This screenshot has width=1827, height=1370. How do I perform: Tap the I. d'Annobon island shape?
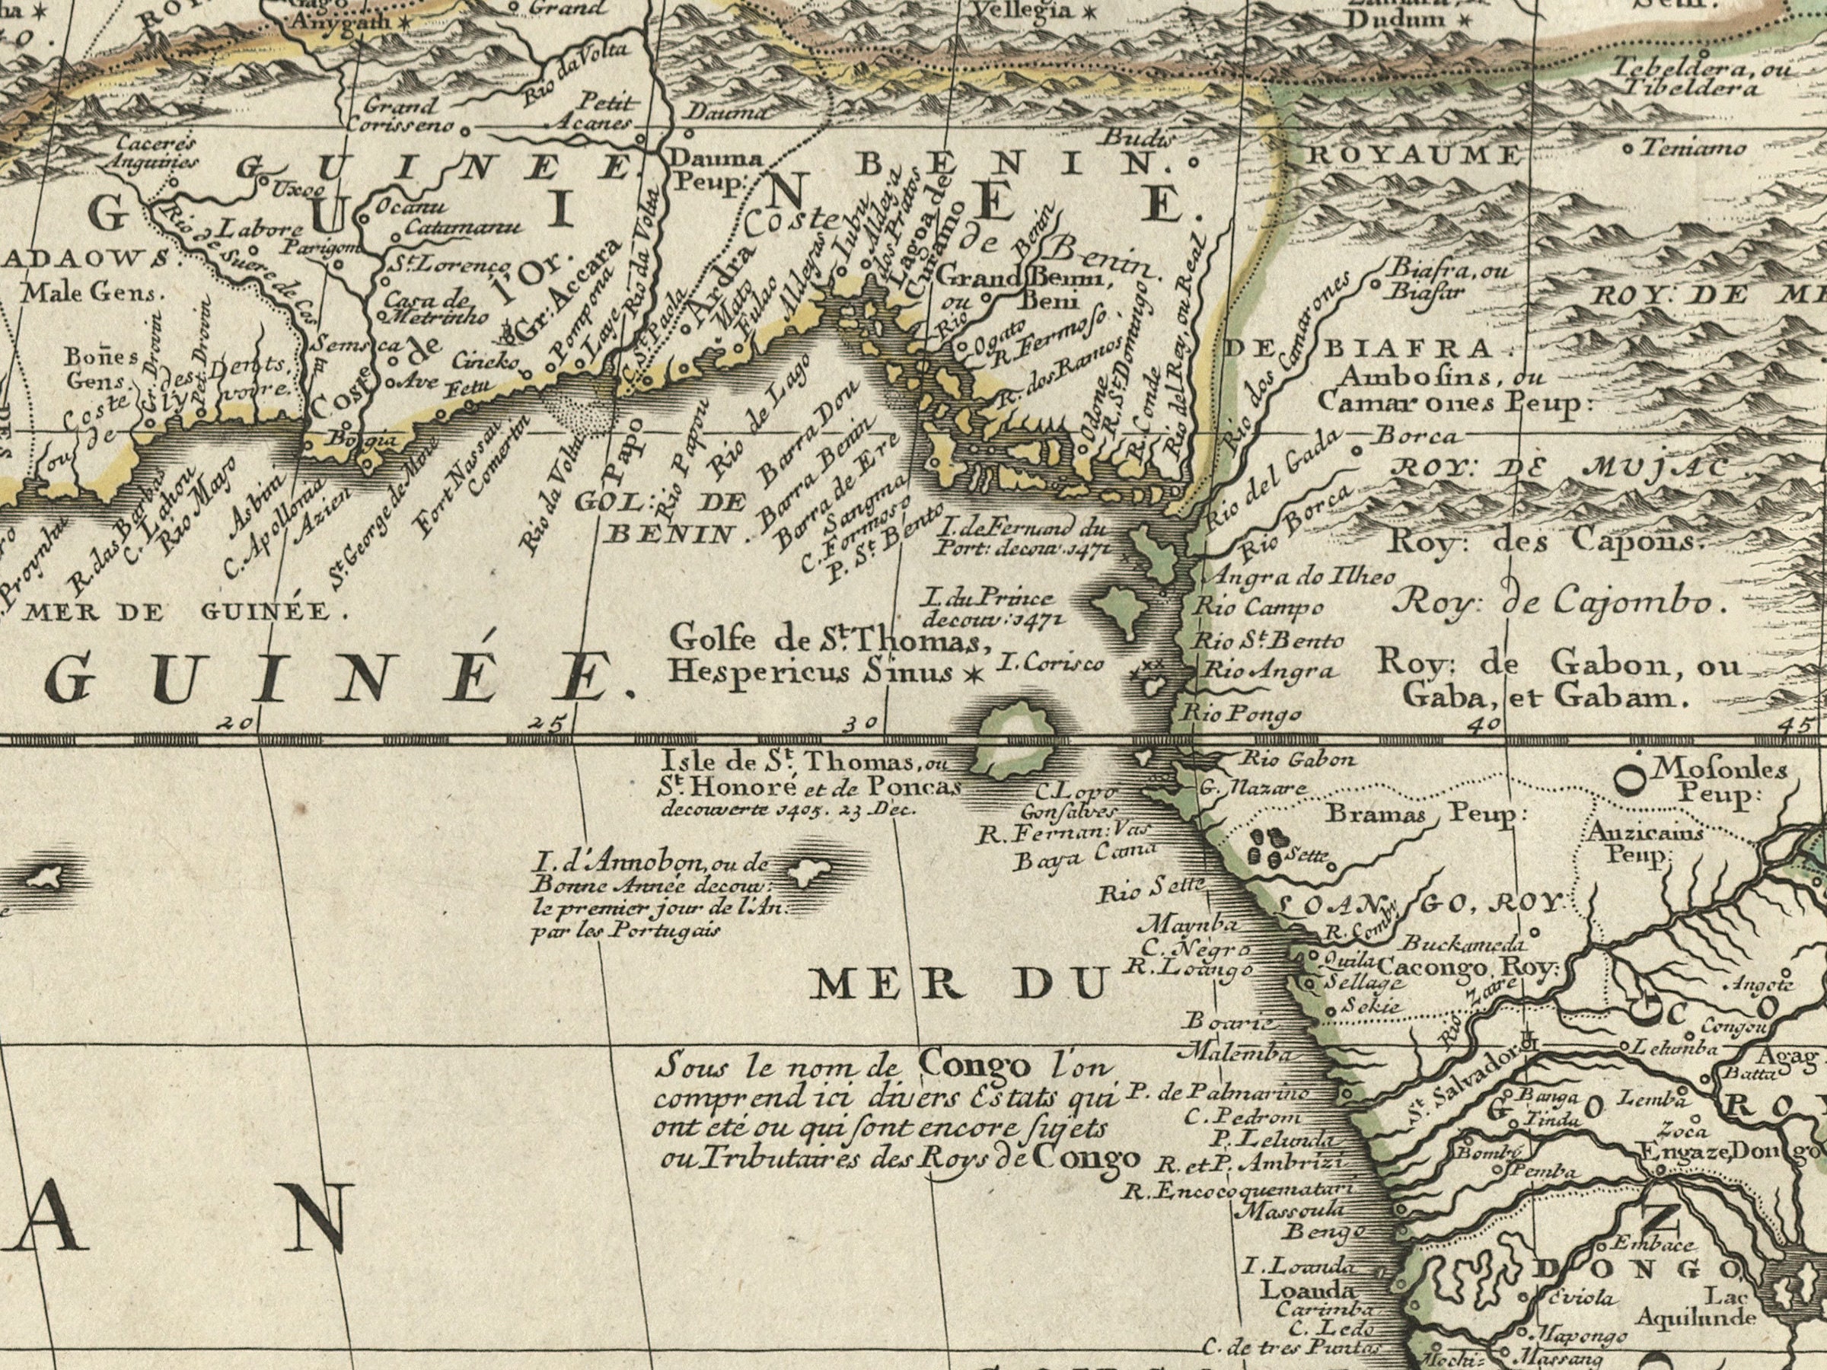coord(801,871)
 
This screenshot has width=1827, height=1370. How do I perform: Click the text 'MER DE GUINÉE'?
coord(177,613)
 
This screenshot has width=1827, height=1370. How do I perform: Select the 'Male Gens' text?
coord(93,292)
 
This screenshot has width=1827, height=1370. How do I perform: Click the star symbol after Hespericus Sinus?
coord(974,676)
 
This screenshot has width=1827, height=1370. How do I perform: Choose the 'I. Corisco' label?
coord(1051,662)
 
